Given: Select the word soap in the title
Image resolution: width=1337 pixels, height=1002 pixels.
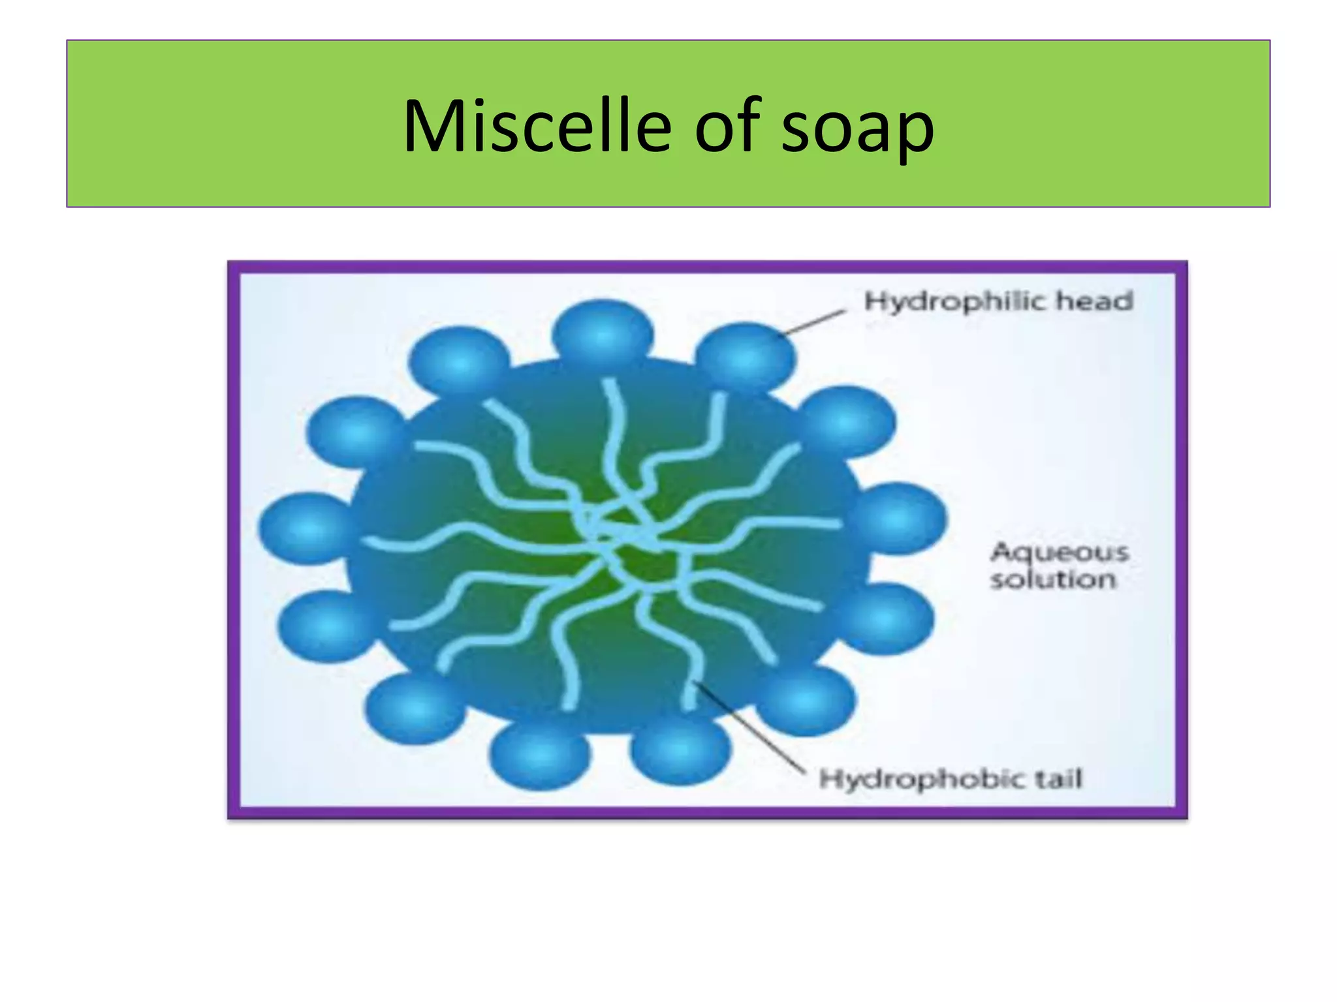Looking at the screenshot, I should (858, 128).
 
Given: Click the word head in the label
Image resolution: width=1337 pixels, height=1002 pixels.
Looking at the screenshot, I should (1095, 301).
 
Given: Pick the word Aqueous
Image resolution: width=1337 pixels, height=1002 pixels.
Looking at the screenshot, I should (1060, 552).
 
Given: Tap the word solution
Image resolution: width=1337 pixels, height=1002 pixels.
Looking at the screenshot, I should (1053, 579).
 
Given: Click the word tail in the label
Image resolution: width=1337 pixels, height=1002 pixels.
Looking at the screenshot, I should (1058, 778).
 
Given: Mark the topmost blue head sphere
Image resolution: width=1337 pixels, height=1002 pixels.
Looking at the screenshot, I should (602, 333).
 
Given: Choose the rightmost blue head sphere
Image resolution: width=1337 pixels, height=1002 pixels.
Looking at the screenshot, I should (899, 519).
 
